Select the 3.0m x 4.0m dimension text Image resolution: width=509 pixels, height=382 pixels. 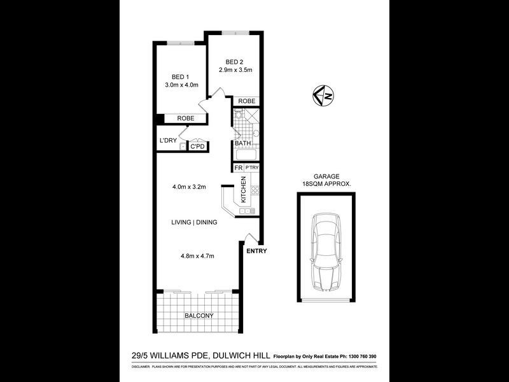pos(182,85)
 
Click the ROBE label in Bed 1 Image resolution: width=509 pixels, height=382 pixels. pos(185,118)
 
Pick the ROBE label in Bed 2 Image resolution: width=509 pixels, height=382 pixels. pos(247,101)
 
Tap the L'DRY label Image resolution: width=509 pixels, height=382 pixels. pos(167,141)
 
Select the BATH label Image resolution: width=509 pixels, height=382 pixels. pos(242,144)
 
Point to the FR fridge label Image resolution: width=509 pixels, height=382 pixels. pos(238,167)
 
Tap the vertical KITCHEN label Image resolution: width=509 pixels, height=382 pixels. pos(243,190)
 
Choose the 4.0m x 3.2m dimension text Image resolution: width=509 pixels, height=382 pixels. pos(188,187)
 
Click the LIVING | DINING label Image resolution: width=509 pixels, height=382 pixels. pos(194,222)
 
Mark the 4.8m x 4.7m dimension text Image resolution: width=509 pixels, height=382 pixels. pos(197,257)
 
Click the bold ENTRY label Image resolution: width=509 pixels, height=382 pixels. pos(257,250)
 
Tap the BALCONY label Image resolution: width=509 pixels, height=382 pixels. pos(199,316)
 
